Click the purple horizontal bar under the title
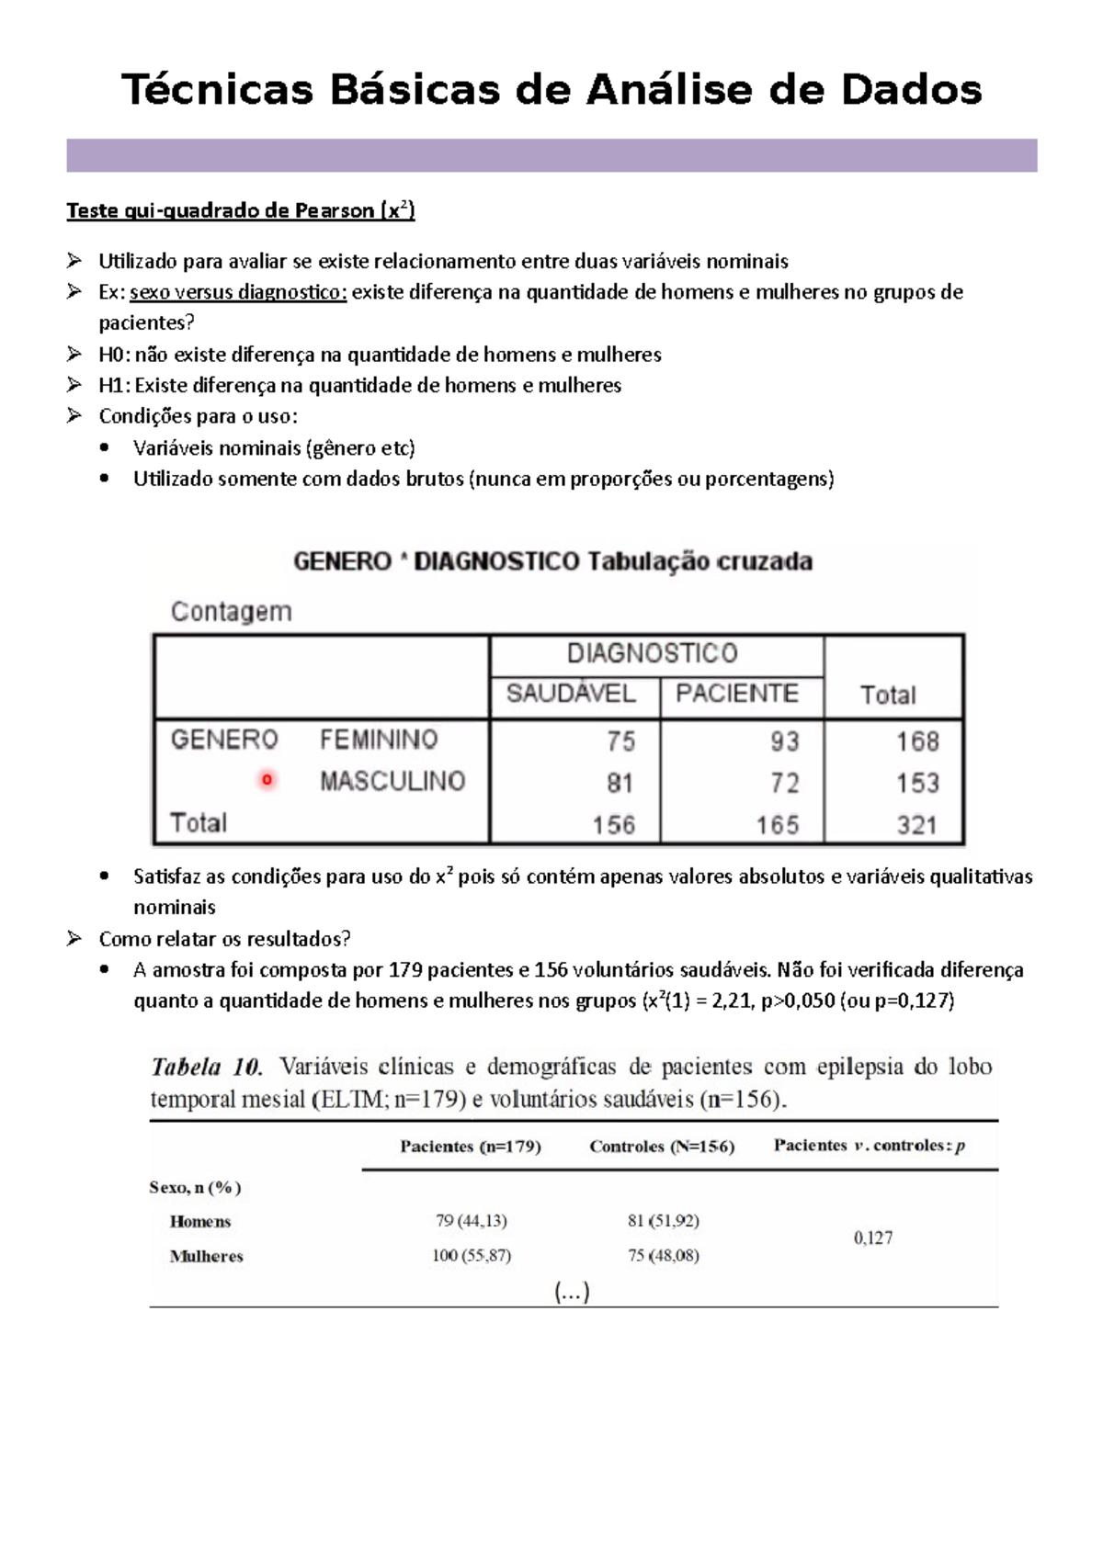pyautogui.click(x=551, y=155)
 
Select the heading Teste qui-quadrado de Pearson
pyautogui.click(x=241, y=210)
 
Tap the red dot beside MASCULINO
pyautogui.click(x=267, y=780)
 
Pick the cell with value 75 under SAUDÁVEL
pyautogui.click(x=620, y=740)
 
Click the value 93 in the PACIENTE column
pyautogui.click(x=784, y=740)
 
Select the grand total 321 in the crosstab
pyautogui.click(x=916, y=824)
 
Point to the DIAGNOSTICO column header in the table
pyautogui.click(x=652, y=653)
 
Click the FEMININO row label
pyautogui.click(x=379, y=740)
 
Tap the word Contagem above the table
pyautogui.click(x=232, y=611)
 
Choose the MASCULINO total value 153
pyautogui.click(x=916, y=783)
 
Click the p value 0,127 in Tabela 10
pyautogui.click(x=872, y=1238)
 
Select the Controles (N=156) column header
pyautogui.click(x=662, y=1146)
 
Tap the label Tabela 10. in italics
pyautogui.click(x=207, y=1067)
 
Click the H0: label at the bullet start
pyautogui.click(x=115, y=355)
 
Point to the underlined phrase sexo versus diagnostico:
pyautogui.click(x=238, y=292)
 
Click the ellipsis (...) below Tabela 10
pyautogui.click(x=572, y=1292)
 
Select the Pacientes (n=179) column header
pyautogui.click(x=471, y=1146)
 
